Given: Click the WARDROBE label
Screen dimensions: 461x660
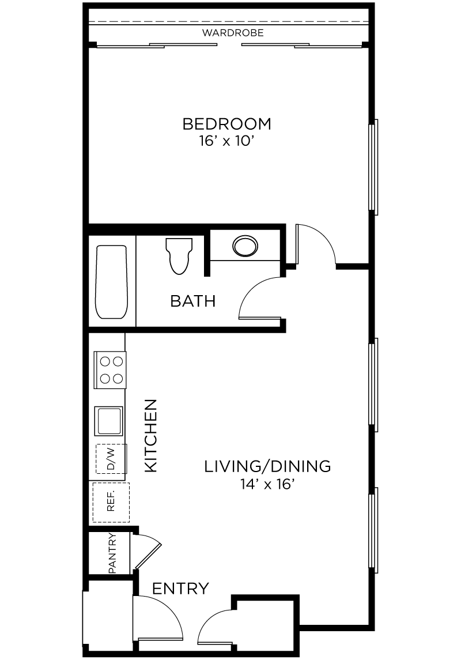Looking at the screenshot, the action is (233, 33).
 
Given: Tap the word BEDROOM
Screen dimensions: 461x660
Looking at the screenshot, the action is (227, 124).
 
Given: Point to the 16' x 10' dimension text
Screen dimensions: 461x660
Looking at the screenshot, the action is (227, 141).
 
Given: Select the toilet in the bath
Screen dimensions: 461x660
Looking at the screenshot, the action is (179, 256).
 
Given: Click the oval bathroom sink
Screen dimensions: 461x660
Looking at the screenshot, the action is (245, 246).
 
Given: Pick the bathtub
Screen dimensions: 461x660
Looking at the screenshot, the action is (111, 282).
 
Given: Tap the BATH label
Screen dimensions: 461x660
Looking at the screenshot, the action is (193, 301).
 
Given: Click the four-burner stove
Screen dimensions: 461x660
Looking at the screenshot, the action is (110, 369).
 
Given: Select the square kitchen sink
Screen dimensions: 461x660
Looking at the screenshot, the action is (109, 421).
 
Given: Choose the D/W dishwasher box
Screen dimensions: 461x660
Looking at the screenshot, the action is (111, 459).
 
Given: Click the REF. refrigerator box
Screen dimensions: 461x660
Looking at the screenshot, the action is (111, 502).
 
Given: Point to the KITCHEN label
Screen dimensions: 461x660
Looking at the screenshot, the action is (150, 436).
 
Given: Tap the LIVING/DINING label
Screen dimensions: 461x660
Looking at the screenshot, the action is (267, 466).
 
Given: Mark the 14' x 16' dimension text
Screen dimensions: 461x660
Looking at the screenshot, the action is (267, 484).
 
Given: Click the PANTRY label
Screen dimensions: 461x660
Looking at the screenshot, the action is (112, 553).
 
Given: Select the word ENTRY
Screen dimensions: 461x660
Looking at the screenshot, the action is (180, 589).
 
